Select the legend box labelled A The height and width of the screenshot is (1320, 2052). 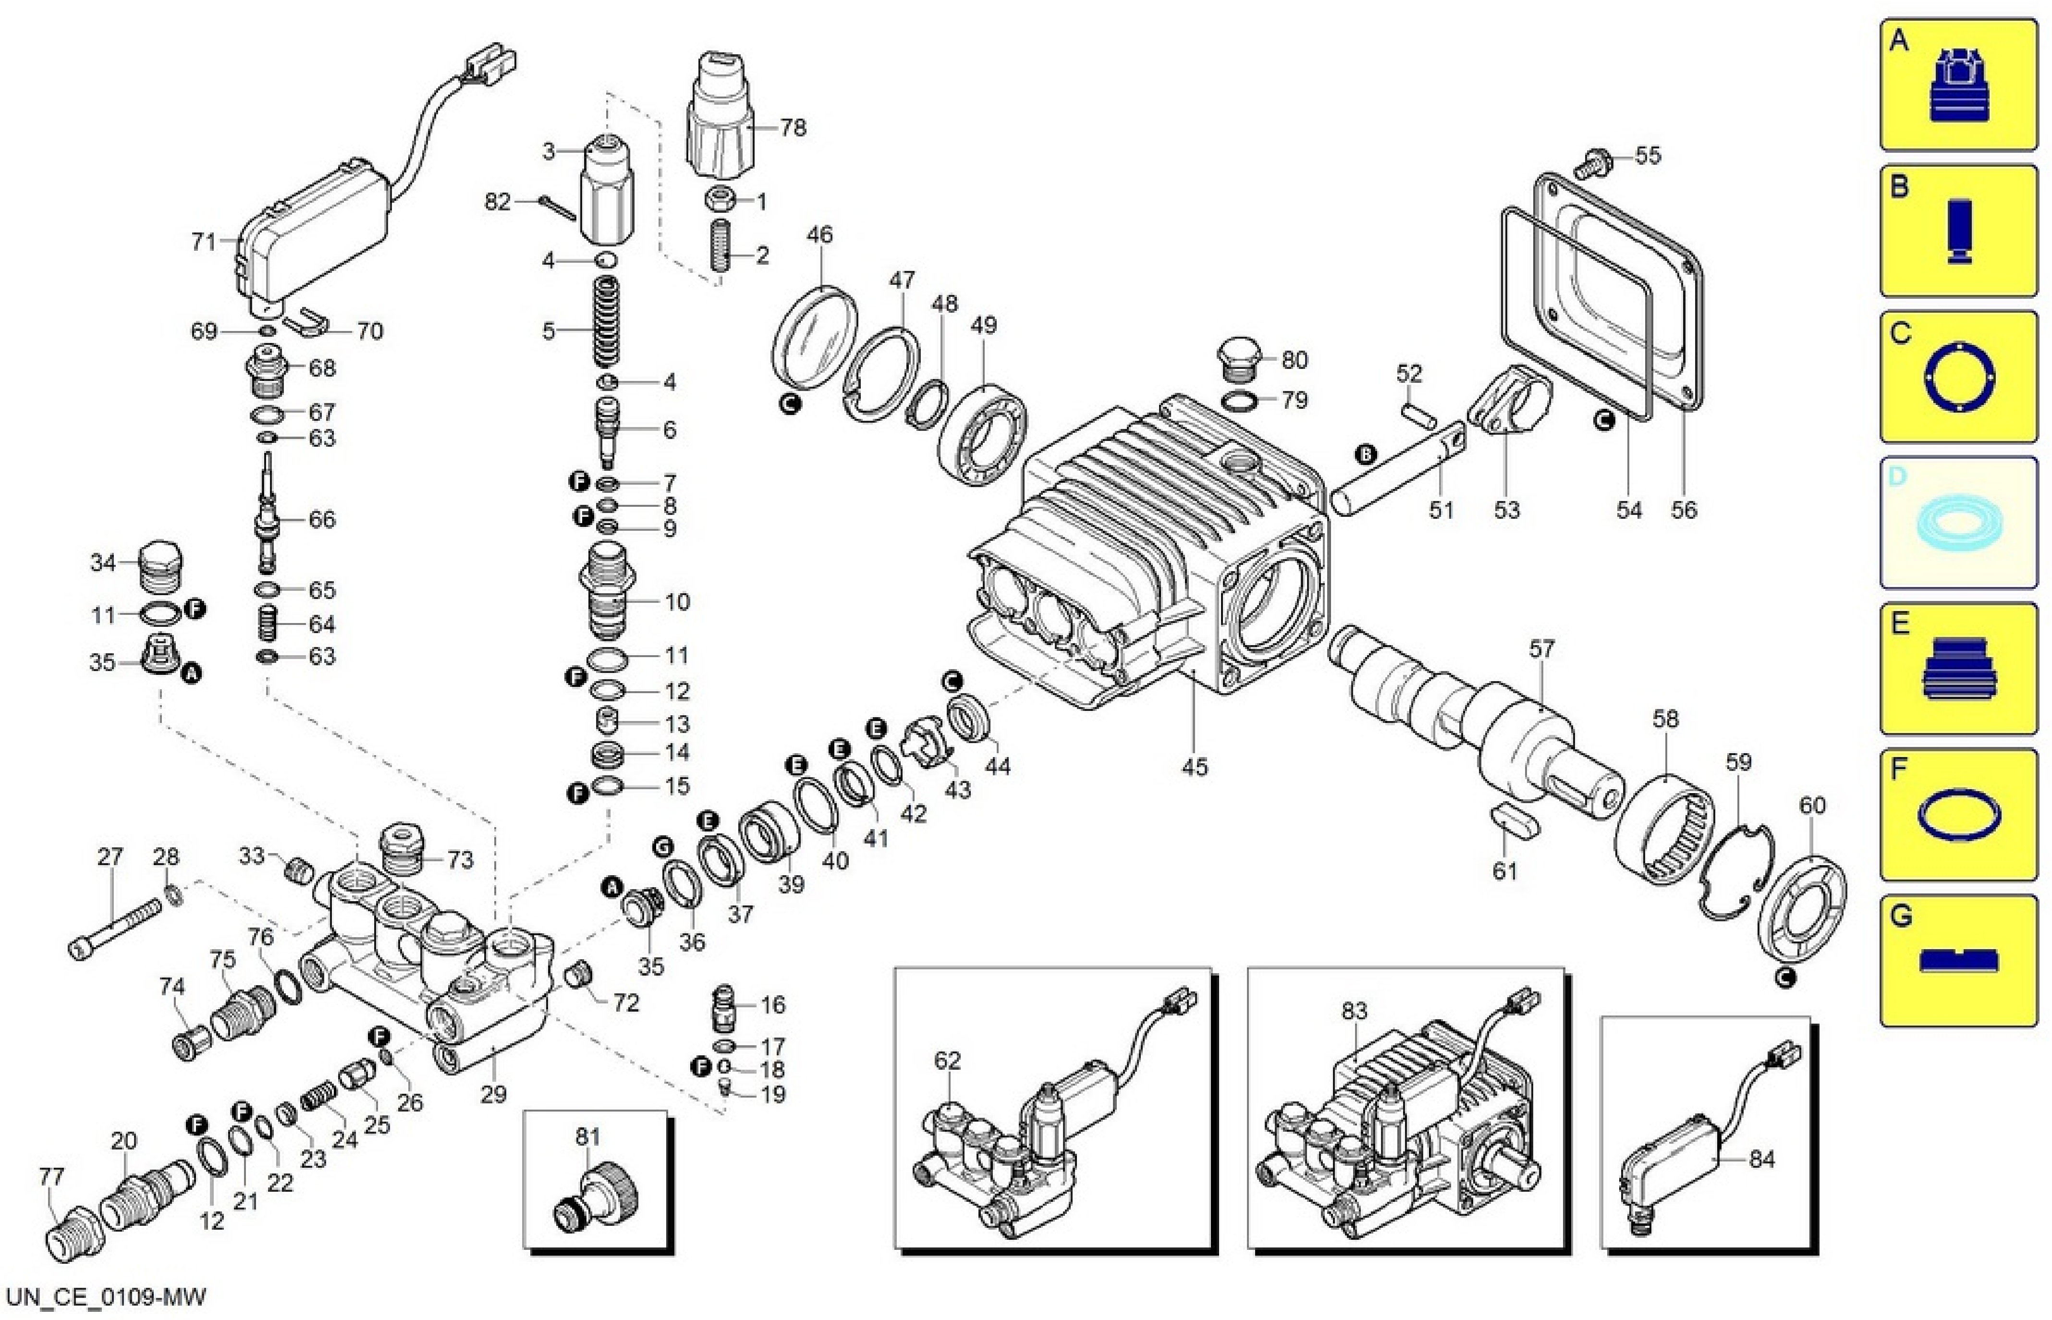pyautogui.click(x=1958, y=86)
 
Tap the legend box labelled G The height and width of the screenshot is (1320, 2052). pyautogui.click(x=1958, y=961)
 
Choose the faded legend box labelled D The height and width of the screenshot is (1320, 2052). pyautogui.click(x=1958, y=523)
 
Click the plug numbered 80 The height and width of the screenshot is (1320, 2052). pyautogui.click(x=1237, y=362)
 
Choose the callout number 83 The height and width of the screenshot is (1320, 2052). pyautogui.click(x=1354, y=1012)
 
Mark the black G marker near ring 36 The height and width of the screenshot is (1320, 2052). pyautogui.click(x=662, y=847)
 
